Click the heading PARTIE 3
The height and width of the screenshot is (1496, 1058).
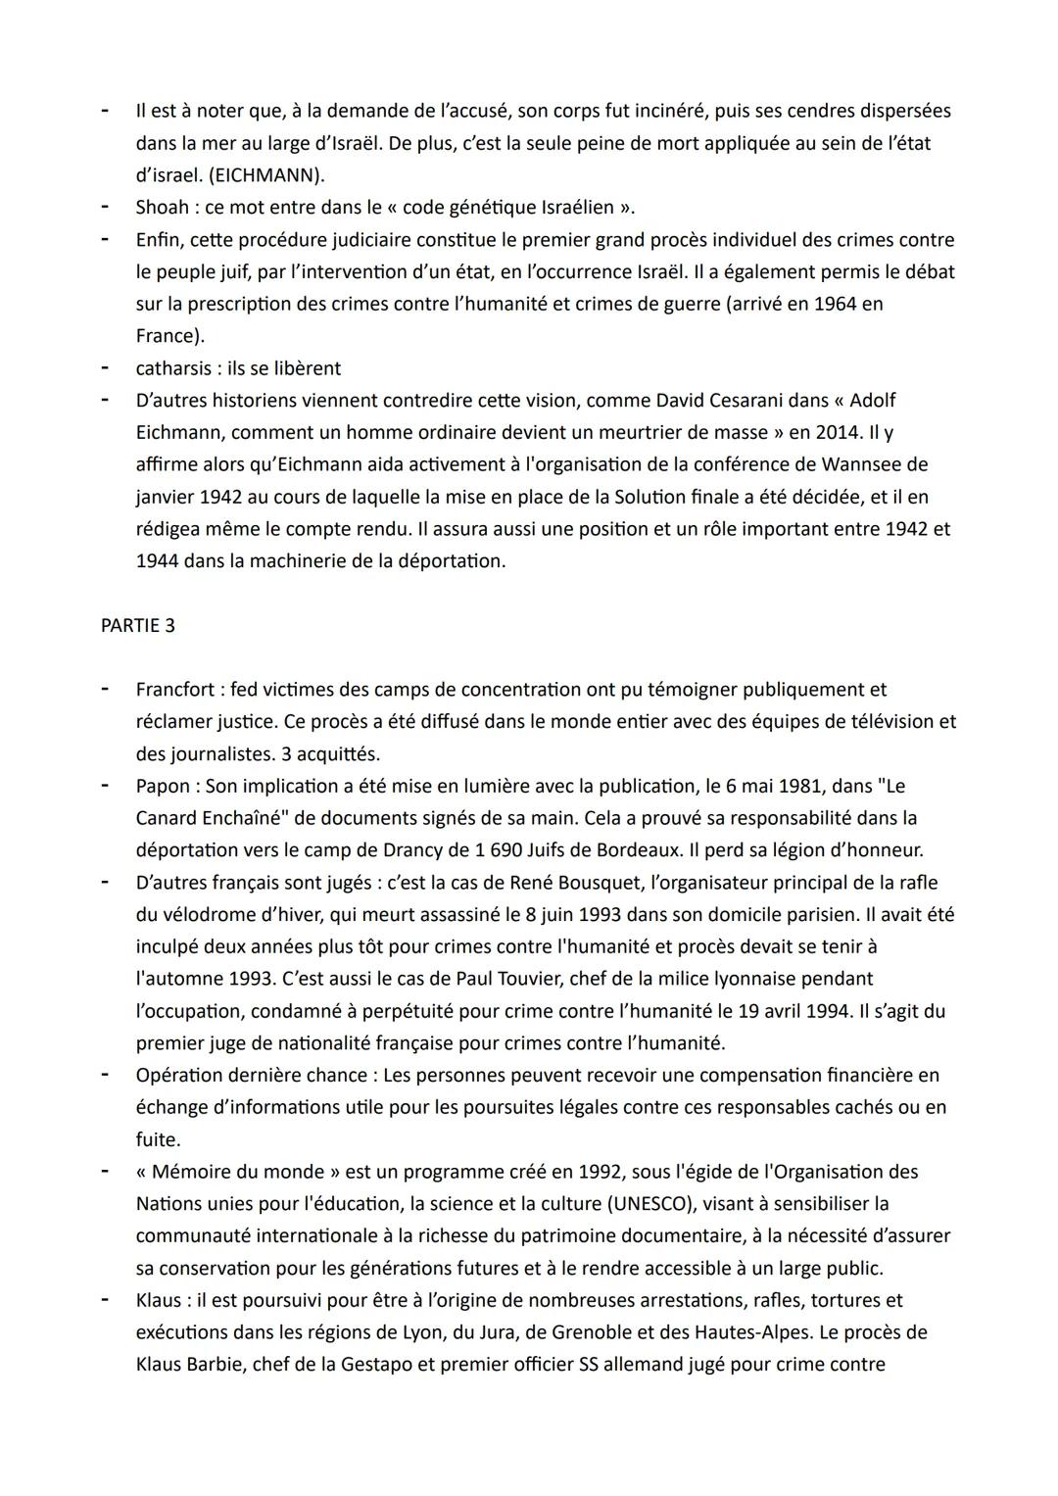click(137, 625)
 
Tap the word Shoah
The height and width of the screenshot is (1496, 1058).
click(163, 207)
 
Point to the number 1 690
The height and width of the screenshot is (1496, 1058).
click(571, 849)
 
